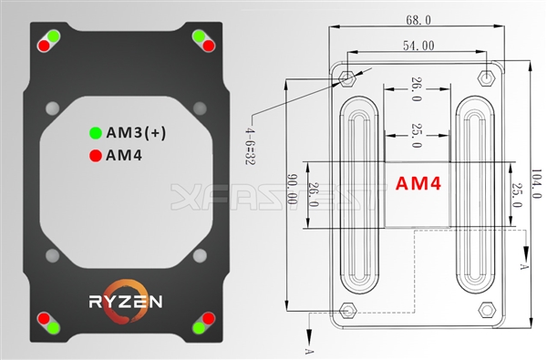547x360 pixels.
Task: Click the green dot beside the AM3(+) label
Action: pyautogui.click(x=95, y=132)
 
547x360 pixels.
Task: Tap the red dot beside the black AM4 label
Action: pyautogui.click(x=95, y=154)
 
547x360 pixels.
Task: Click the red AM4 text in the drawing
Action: pyautogui.click(x=418, y=183)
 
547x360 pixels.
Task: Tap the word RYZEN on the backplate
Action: pyautogui.click(x=126, y=300)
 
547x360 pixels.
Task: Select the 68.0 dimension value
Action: pyautogui.click(x=418, y=18)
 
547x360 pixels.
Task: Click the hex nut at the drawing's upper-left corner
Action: pyautogui.click(x=348, y=75)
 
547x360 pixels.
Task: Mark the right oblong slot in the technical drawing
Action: pyautogui.click(x=477, y=195)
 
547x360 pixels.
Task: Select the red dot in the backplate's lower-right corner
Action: pyautogui.click(x=209, y=318)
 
